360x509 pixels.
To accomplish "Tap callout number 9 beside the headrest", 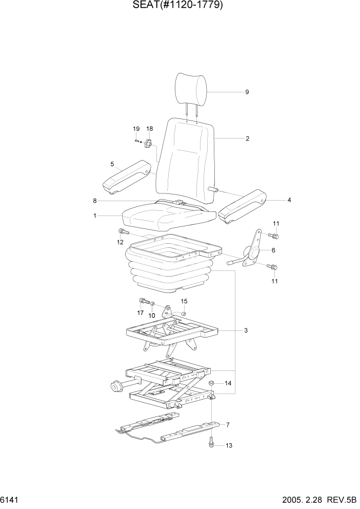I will [x=247, y=92].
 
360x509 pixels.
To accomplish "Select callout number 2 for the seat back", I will [x=247, y=139].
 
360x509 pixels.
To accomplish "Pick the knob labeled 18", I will [x=149, y=144].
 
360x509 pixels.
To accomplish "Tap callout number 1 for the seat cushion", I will [x=95, y=216].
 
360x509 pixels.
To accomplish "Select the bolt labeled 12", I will [x=122, y=231].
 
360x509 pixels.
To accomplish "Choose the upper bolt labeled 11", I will [x=273, y=236].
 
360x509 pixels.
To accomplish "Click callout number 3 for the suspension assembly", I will [x=246, y=330].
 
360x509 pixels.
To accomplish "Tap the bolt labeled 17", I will [x=142, y=301].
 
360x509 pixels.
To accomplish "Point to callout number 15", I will [x=184, y=301].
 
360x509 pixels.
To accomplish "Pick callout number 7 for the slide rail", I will [x=228, y=424].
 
